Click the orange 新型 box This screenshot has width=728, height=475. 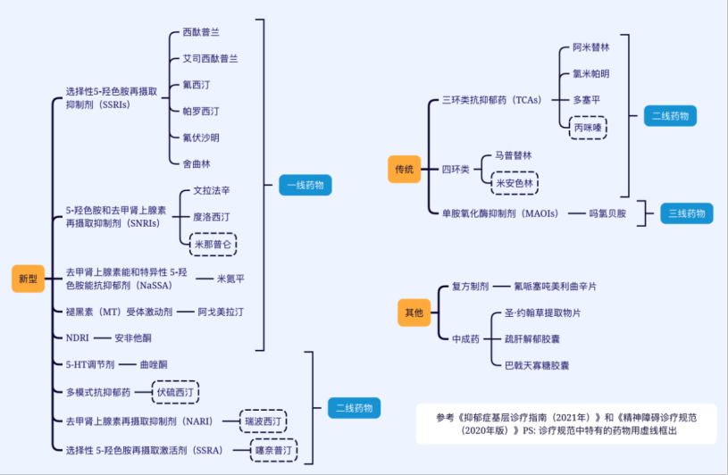(28, 278)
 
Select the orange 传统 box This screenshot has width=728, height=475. (404, 169)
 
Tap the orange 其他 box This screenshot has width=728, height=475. (414, 312)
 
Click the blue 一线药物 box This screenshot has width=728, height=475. (305, 186)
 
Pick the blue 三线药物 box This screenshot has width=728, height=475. (688, 213)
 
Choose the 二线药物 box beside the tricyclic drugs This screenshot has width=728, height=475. (671, 116)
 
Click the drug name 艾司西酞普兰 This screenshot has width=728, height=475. (210, 58)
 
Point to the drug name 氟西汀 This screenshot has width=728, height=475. (196, 85)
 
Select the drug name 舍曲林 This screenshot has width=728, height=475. (196, 163)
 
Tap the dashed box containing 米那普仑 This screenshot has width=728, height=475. (215, 243)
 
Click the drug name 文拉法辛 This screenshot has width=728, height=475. (212, 190)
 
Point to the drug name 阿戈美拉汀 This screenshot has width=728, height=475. (220, 312)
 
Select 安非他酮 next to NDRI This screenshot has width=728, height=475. (133, 338)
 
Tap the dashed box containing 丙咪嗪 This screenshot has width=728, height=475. (587, 127)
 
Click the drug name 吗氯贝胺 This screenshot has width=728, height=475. (607, 213)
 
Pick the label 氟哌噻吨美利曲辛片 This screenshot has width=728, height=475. (555, 287)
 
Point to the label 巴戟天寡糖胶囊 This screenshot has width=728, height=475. (537, 365)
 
